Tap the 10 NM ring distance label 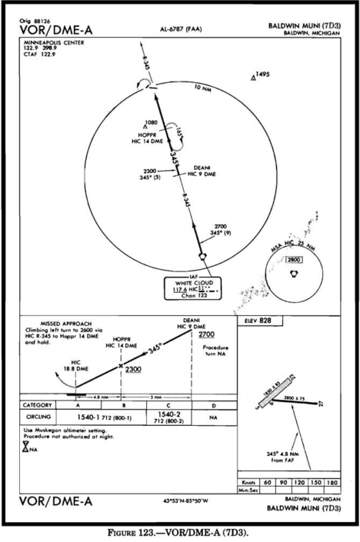coord(203,90)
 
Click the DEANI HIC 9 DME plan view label coord(201,170)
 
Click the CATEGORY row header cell coord(38,404)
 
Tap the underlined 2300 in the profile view coord(133,370)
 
